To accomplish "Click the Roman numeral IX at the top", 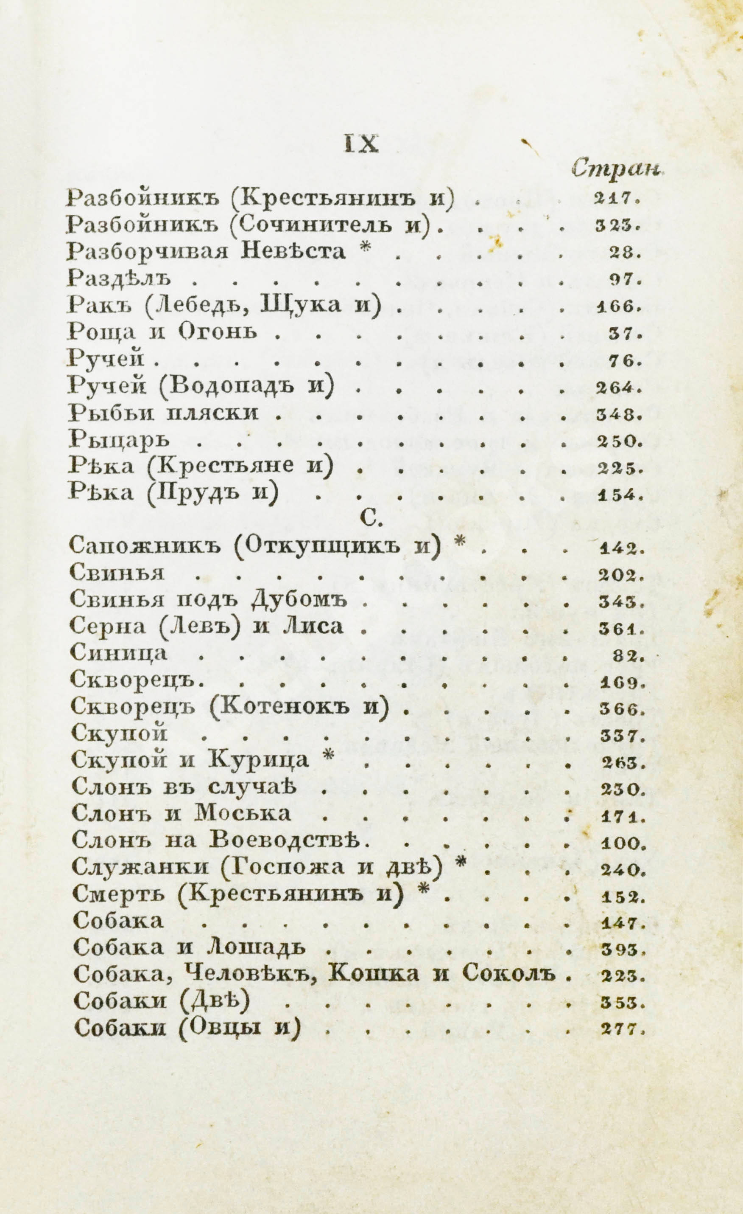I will (x=361, y=145).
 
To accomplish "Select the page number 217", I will (x=617, y=199).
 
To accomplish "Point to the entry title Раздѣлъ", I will (x=119, y=278).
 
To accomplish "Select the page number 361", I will (x=621, y=629).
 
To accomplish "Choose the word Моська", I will (x=242, y=813).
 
